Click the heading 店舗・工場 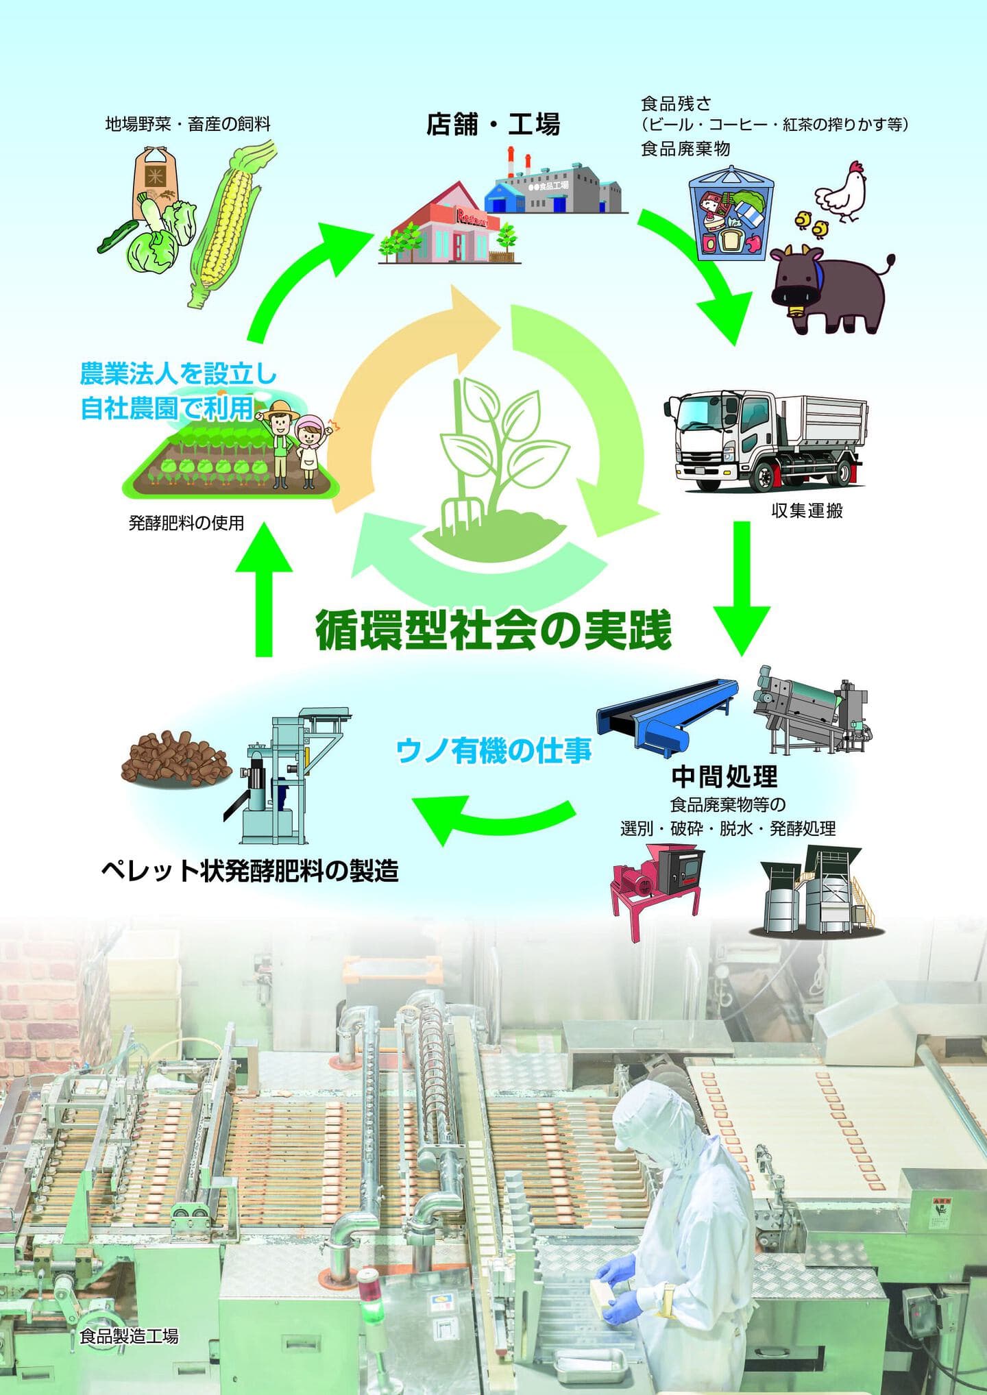[493, 125]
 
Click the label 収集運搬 [807, 511]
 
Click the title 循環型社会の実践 [493, 630]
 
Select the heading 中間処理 [724, 776]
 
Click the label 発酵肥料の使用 [186, 523]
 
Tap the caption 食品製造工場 [129, 1336]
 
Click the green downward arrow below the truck [742, 589]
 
